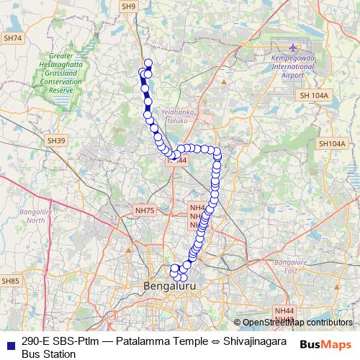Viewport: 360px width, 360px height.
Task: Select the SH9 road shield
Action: click(129, 6)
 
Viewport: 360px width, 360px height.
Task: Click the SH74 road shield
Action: click(12, 38)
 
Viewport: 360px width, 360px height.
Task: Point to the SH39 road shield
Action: click(55, 140)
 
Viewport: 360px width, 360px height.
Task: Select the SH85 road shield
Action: click(10, 281)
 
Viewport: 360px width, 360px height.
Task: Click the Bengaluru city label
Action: click(170, 287)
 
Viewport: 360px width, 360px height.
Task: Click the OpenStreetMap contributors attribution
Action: click(297, 322)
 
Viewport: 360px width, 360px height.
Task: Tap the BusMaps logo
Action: click(325, 344)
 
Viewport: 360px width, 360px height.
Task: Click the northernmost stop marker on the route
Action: click(148, 63)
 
